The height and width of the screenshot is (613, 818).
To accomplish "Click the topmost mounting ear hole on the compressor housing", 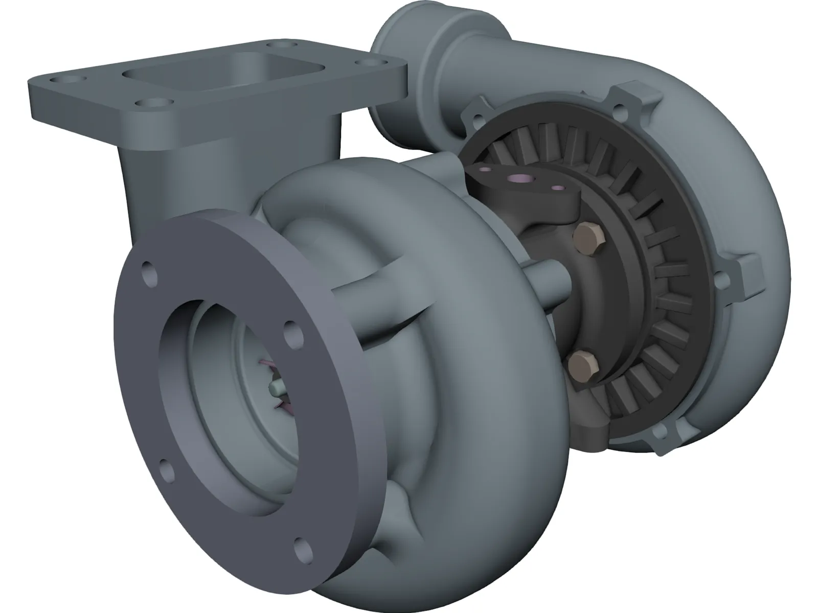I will (x=622, y=108).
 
